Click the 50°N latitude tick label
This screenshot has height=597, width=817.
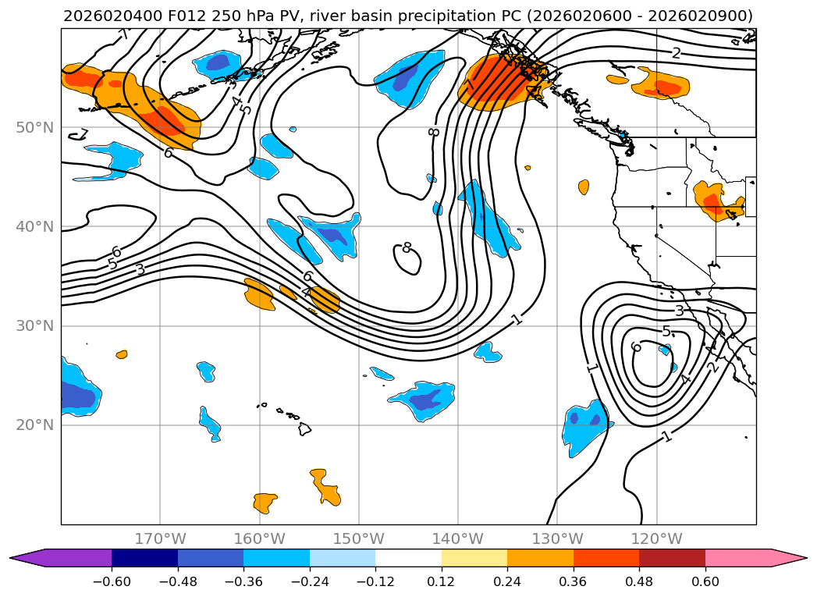pos(34,128)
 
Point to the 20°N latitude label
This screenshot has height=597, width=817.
pos(34,425)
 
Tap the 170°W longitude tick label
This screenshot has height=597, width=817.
pos(160,538)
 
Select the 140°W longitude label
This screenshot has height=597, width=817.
pos(458,538)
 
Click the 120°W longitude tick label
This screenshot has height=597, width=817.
pos(656,538)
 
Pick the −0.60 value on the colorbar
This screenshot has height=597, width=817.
pos(112,581)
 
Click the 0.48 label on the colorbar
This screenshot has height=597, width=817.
pos(639,581)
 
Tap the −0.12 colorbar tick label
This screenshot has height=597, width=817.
pos(375,581)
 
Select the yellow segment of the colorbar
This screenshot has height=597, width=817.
pos(474,558)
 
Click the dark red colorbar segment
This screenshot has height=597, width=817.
pos(672,558)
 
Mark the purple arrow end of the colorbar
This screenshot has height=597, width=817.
pos(60,558)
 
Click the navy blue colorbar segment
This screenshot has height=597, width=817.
pos(144,558)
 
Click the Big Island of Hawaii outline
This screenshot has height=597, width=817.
pos(305,429)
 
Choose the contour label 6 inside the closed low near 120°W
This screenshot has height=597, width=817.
pos(635,346)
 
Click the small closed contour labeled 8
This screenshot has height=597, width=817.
pos(407,257)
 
